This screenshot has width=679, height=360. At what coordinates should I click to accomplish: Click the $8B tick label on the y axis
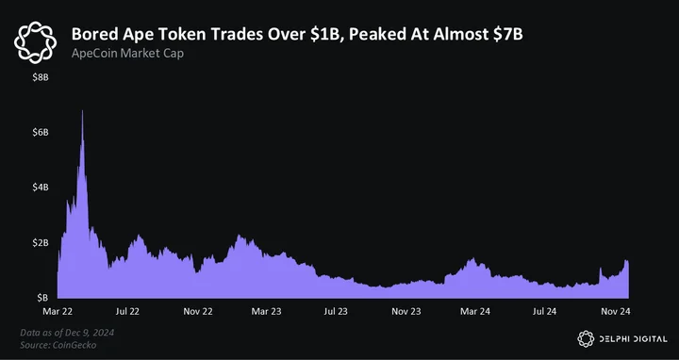coord(41,78)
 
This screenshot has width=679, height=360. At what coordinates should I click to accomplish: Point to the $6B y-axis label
coord(41,132)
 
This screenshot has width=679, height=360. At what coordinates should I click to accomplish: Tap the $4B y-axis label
coord(41,188)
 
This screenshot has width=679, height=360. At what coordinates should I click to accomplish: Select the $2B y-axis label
coord(41,242)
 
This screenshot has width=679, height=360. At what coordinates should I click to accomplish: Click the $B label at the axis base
coord(42,298)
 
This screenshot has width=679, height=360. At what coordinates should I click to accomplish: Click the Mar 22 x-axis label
coord(58,311)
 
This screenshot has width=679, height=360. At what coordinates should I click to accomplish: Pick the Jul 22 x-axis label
coord(127,311)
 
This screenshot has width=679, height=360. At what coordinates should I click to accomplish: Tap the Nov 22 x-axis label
coord(198,311)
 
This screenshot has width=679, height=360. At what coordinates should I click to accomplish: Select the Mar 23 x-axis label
coord(267,311)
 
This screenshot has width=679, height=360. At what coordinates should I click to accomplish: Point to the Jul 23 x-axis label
coord(336,311)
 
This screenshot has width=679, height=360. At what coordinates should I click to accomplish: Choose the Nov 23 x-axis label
coord(406,311)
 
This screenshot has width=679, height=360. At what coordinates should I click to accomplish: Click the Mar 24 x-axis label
coord(475,311)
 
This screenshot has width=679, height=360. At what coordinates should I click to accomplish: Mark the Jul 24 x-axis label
coord(544,311)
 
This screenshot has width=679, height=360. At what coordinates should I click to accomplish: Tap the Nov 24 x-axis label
coord(615,311)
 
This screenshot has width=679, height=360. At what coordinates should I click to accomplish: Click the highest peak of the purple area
coord(82,111)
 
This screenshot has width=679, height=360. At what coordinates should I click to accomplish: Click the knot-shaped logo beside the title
coord(35,42)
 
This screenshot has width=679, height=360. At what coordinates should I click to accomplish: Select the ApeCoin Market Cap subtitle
coord(127,54)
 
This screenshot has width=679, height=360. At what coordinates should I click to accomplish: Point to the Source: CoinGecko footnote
coord(58,345)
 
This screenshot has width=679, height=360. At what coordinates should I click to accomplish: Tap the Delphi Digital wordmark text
coord(633,339)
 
